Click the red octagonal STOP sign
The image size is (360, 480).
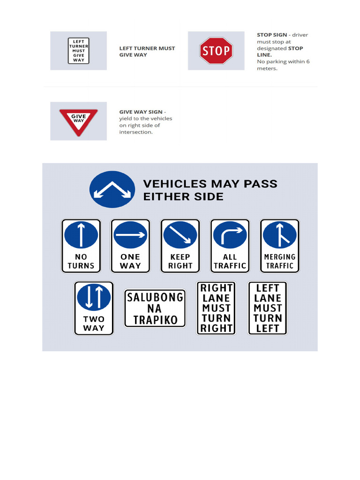pyautogui.click(x=216, y=51)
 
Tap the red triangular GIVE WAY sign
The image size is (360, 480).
pyautogui.click(x=78, y=120)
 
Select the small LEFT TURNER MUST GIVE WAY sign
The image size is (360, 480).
pyautogui.click(x=78, y=51)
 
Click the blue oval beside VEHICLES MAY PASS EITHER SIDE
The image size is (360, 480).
pyautogui.click(x=112, y=190)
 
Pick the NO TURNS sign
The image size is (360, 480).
pyautogui.click(x=81, y=246)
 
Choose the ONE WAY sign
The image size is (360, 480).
pyautogui.click(x=130, y=246)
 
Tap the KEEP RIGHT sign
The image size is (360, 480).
pyautogui.click(x=180, y=246)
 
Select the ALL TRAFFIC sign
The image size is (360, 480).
pyautogui.click(x=230, y=246)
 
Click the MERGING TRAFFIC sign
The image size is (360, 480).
pyautogui.click(x=279, y=246)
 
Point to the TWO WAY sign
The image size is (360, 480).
pyautogui.click(x=94, y=308)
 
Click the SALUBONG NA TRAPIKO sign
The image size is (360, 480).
pyautogui.click(x=155, y=308)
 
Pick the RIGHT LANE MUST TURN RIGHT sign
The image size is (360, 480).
pyautogui.click(x=216, y=308)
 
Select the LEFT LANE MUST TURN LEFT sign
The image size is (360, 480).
pyautogui.click(x=267, y=308)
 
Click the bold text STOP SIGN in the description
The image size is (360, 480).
pyautogui.click(x=272, y=35)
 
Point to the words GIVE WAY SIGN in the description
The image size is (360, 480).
pyautogui.click(x=141, y=112)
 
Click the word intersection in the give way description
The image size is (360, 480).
pyautogui.click(x=136, y=132)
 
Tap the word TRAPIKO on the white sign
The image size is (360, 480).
pyautogui.click(x=155, y=320)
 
